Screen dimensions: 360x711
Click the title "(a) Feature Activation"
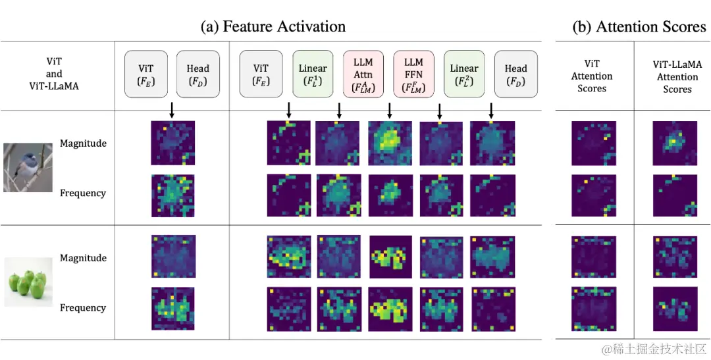coord(273,26)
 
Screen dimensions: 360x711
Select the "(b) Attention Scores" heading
coord(639,26)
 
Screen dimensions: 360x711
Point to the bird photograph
coord(27,168)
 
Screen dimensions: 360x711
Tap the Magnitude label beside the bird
coord(83,143)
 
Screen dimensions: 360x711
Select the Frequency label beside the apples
coord(83,307)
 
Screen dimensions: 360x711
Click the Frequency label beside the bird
coord(83,193)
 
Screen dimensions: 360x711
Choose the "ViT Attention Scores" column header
coord(592,76)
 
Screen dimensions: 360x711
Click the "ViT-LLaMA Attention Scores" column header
coord(677,76)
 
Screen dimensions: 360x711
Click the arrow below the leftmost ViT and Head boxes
coord(172,111)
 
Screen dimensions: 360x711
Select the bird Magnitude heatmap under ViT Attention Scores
coord(593,143)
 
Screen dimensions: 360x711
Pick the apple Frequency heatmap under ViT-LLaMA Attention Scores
coord(675,308)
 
